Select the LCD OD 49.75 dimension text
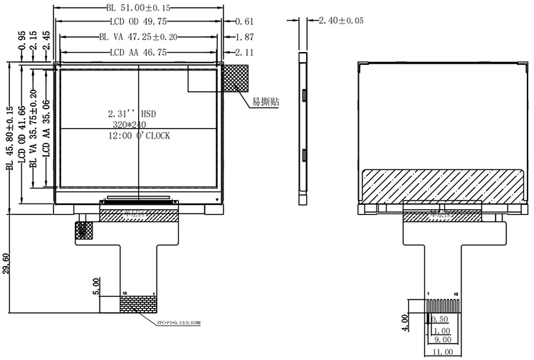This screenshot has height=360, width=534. coord(138,21)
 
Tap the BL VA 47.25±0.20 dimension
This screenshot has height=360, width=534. coord(138,36)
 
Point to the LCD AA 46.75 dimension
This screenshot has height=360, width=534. coord(138,52)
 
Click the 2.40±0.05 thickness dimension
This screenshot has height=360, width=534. coord(341,21)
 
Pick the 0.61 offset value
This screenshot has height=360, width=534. coord(244,21)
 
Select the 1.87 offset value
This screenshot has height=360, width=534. coord(244,36)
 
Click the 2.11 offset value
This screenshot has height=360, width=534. coord(244,52)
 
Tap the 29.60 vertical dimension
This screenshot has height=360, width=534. coord(6,263)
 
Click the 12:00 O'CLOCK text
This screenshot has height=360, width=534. coord(139,135)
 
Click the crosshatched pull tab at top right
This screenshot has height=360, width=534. coord(236,78)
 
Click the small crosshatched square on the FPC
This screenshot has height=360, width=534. coord(84,230)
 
